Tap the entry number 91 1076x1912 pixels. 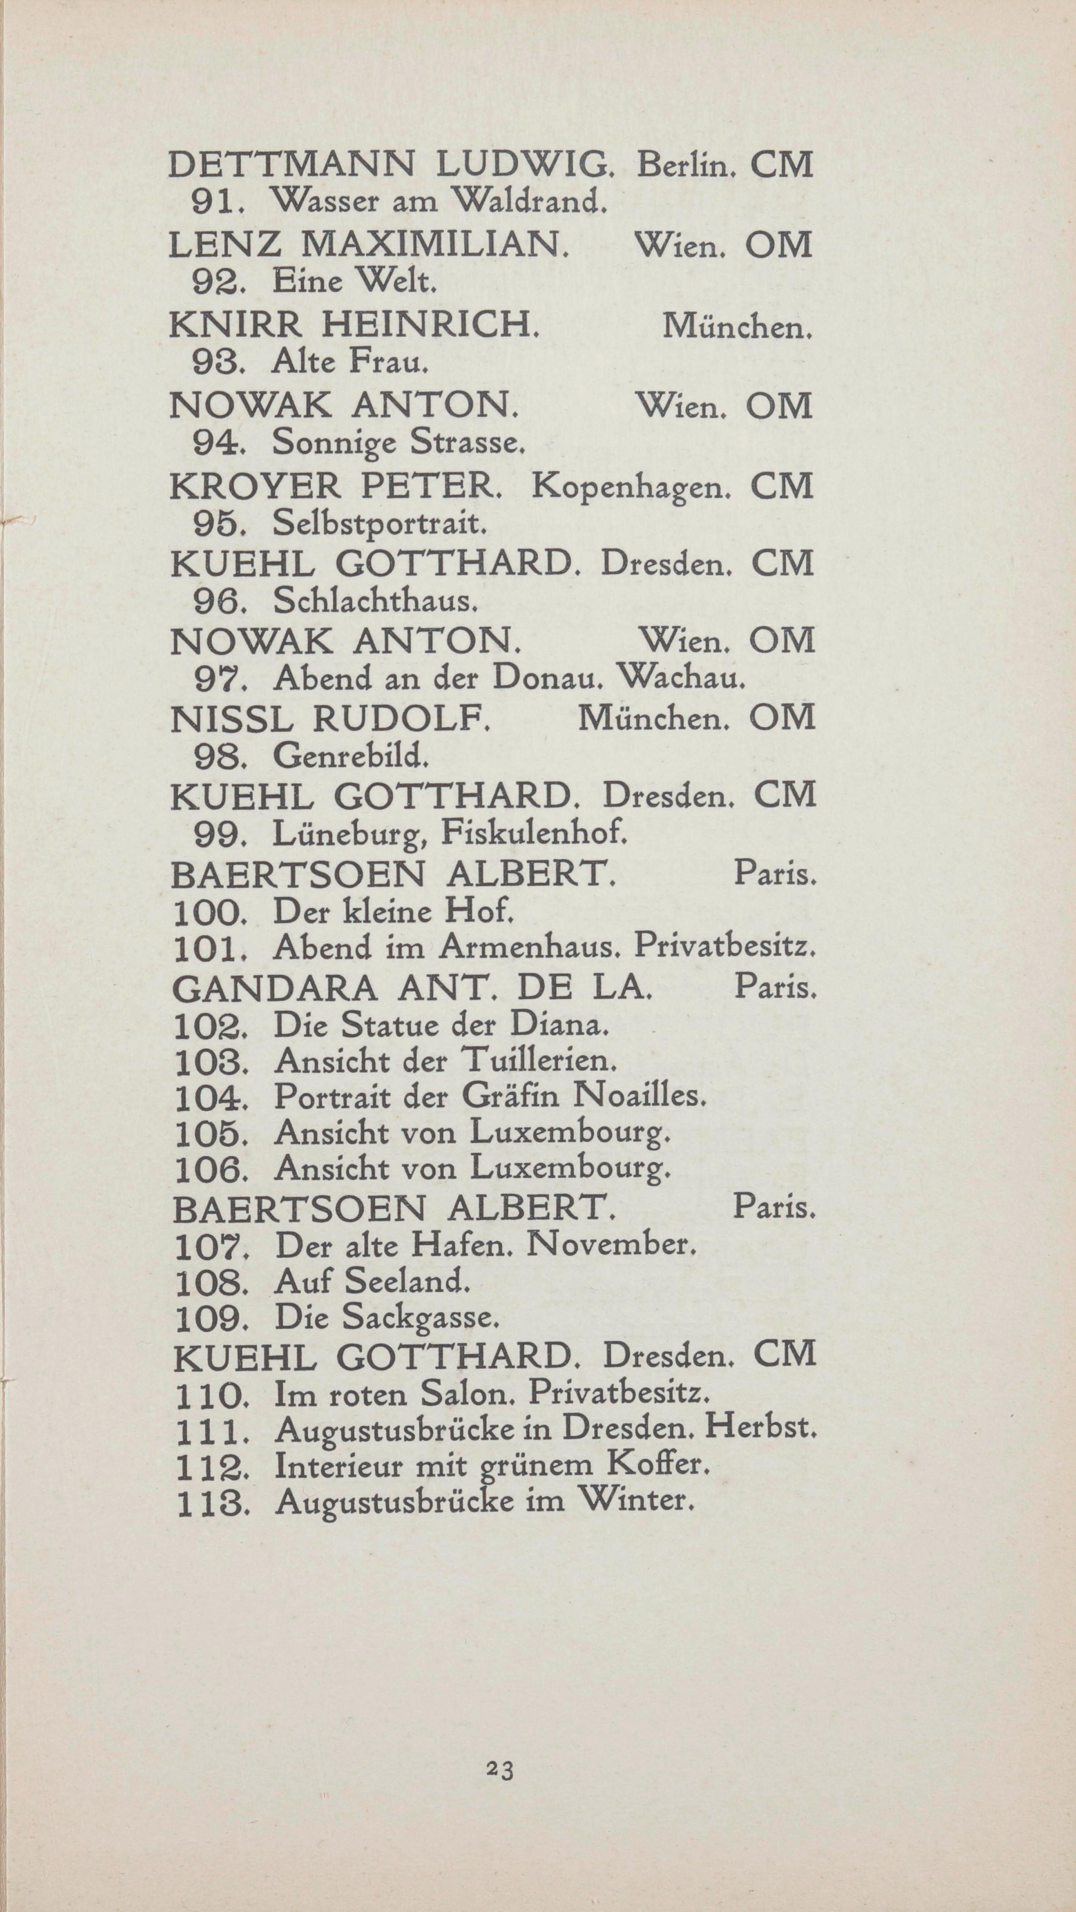pos(214,202)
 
